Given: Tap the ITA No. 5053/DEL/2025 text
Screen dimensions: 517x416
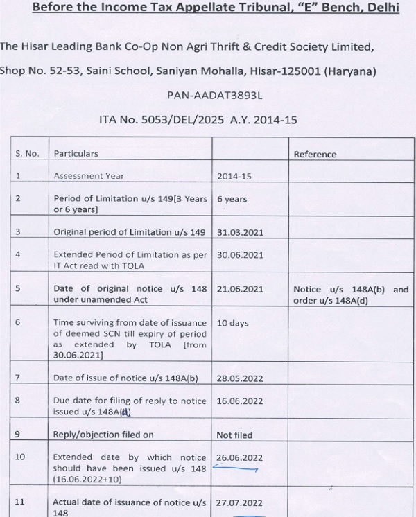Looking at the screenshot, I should [x=157, y=120].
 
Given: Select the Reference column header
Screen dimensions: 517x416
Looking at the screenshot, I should [x=315, y=154].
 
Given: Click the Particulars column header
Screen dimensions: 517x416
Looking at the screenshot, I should [x=76, y=154].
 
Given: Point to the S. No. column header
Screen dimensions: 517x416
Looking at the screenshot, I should [x=27, y=154].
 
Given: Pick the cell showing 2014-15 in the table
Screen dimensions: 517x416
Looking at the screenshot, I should [x=234, y=176].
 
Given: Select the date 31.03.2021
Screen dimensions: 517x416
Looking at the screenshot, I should [x=240, y=232].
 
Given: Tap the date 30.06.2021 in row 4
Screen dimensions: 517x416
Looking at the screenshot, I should [x=240, y=254].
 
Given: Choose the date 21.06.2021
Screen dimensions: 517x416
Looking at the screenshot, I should [x=240, y=289].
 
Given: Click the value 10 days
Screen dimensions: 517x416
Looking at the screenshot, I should [x=232, y=323].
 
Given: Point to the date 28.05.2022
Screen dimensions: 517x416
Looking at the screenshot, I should [x=240, y=378].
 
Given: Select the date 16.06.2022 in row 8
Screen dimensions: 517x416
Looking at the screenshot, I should [x=240, y=401].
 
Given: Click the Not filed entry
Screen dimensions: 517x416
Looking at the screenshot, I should [x=234, y=435].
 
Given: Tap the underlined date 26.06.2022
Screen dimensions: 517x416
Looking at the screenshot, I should [x=240, y=458].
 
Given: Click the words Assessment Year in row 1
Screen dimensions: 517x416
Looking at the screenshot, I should [x=89, y=176].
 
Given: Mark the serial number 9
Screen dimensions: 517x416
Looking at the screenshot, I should [x=19, y=435].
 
